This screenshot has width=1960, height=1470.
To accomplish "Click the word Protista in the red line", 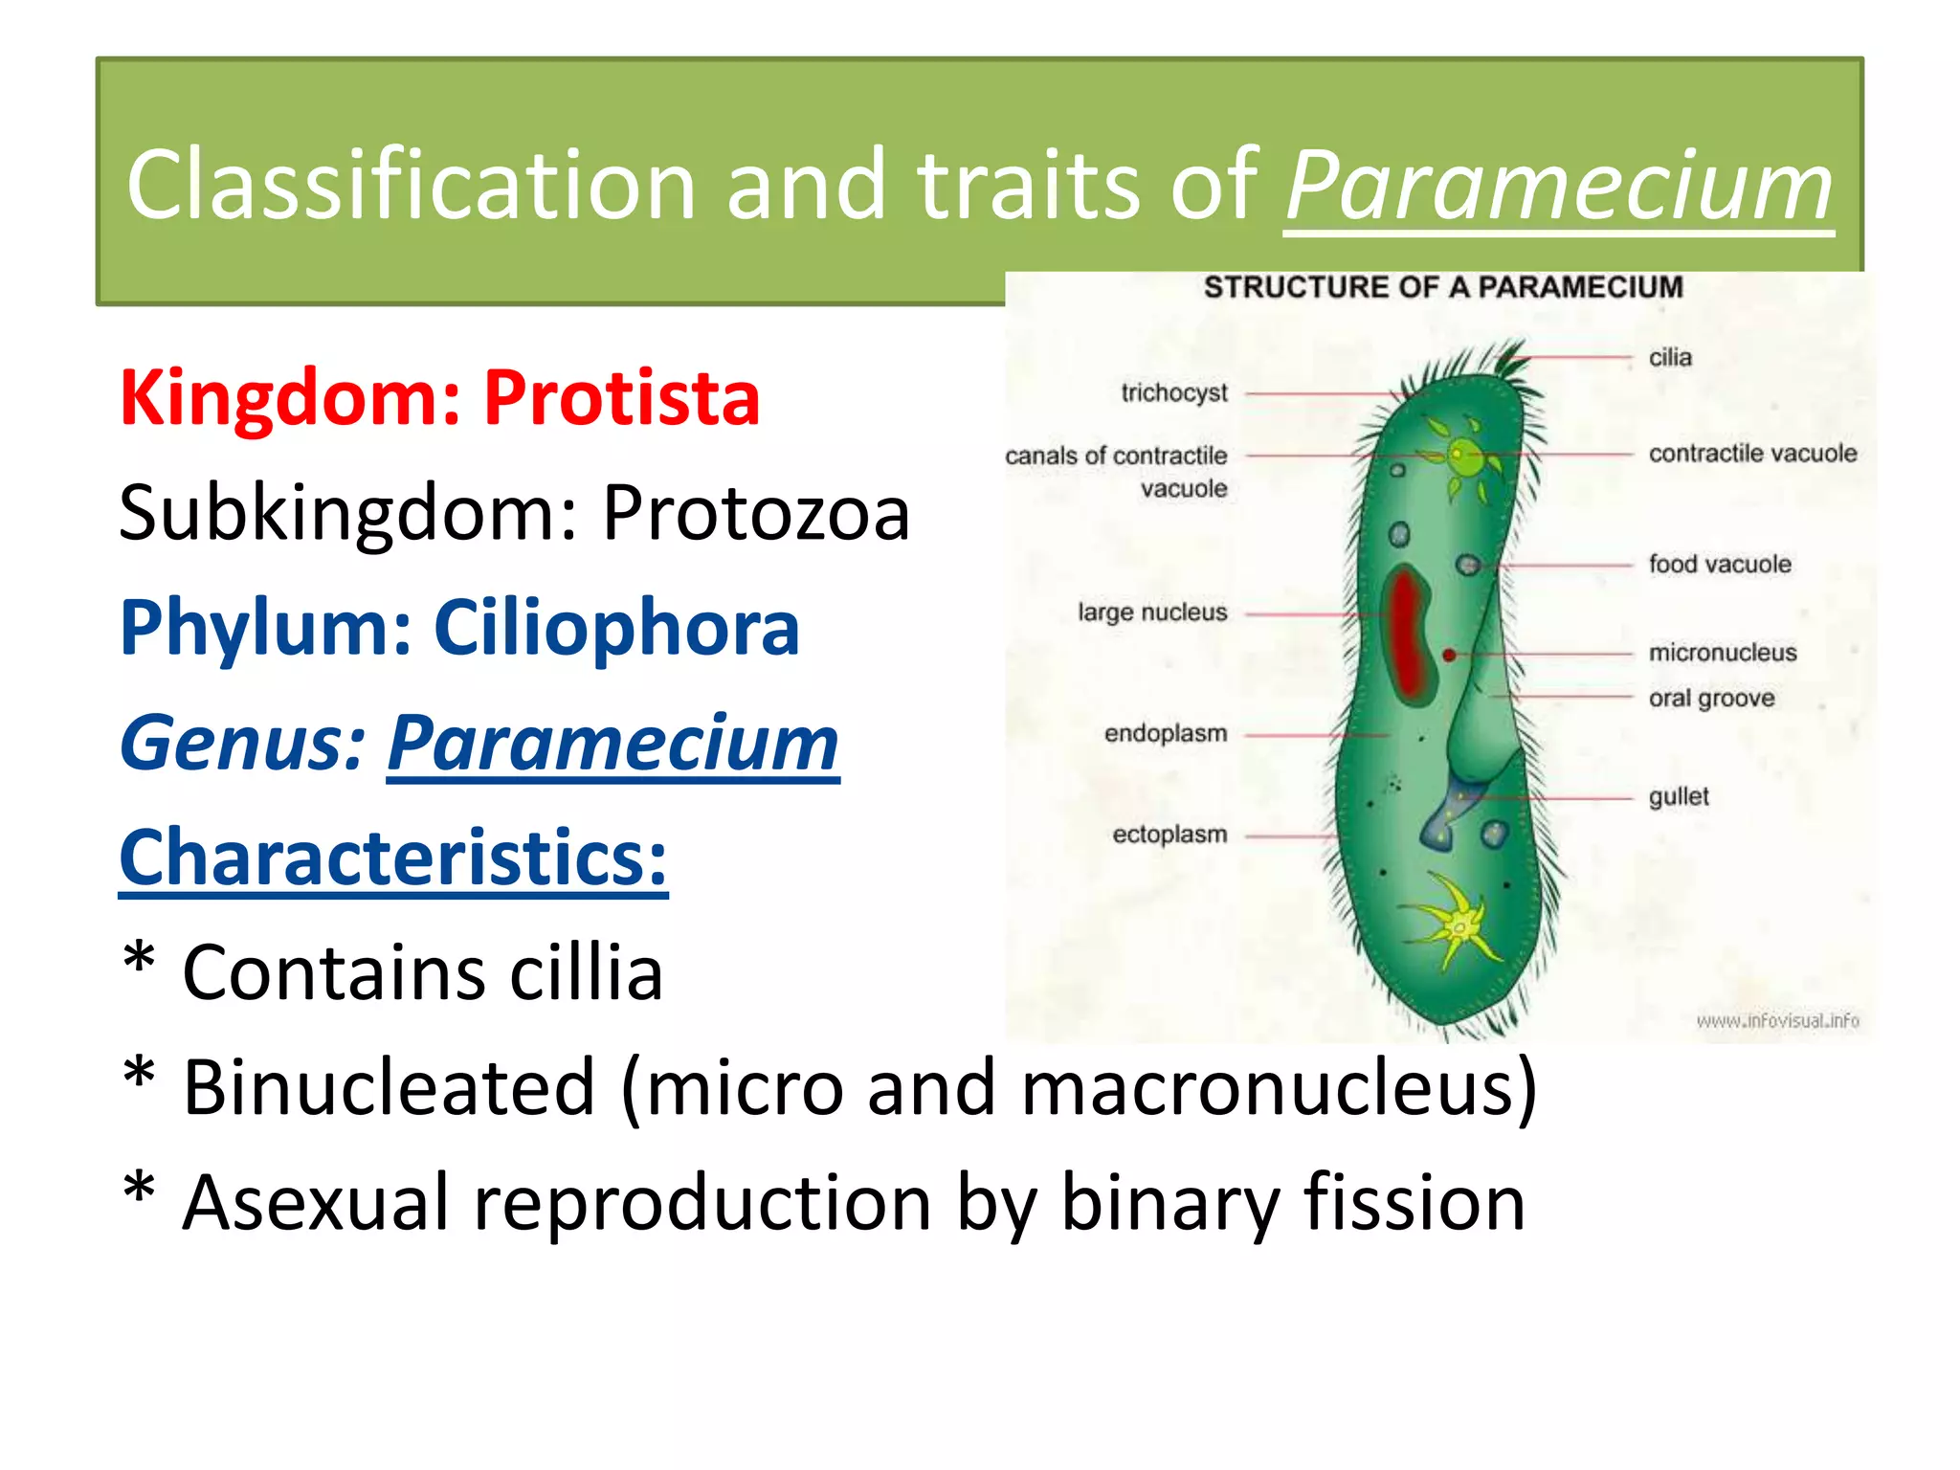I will point(621,398).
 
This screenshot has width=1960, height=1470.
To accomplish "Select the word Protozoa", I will point(755,513).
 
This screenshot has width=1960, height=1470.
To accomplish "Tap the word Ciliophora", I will point(616,628).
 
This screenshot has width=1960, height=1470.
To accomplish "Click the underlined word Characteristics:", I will point(393,857).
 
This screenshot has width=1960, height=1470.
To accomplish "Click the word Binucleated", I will point(389,1087).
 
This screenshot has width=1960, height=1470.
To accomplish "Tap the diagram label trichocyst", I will point(1173,392).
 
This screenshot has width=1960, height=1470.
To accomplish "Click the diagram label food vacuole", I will point(1719,565).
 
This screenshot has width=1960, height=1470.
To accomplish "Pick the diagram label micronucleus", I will point(1722,653).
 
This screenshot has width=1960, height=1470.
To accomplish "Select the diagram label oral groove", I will point(1710,699).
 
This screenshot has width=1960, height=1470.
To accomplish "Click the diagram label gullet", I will point(1678,796).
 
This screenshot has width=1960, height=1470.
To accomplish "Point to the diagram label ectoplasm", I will point(1169,835).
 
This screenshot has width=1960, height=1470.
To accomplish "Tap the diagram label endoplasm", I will point(1165,734).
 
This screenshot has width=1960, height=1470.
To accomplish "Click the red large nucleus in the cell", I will point(1408,632).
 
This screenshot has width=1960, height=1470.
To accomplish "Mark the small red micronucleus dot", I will point(1449,656).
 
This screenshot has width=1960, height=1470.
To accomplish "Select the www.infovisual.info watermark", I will point(1777,1021).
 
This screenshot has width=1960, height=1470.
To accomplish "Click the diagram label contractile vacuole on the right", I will point(1751,454).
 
